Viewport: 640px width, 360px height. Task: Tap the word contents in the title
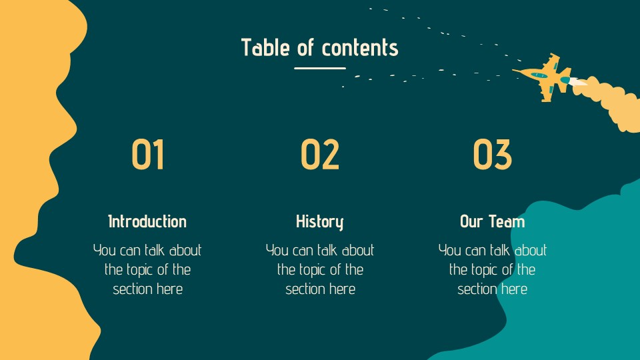[360, 48]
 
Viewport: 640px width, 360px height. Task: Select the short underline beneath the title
[320, 68]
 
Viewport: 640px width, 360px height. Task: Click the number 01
[147, 155]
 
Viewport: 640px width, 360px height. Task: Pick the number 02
[320, 155]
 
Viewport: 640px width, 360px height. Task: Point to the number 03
[493, 155]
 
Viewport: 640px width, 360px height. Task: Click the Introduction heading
[147, 221]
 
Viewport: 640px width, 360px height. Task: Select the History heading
[320, 221]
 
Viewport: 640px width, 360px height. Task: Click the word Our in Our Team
[472, 221]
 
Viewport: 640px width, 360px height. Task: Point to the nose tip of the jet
[514, 69]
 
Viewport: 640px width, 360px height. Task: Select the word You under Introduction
[105, 251]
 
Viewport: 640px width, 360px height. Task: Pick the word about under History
[358, 251]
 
